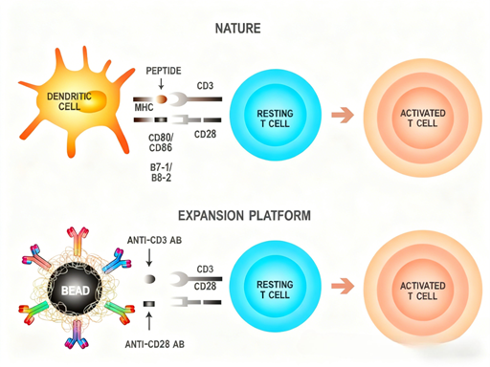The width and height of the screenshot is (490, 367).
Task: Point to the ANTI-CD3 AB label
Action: coord(154,240)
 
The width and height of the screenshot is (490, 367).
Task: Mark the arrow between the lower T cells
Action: coord(342,287)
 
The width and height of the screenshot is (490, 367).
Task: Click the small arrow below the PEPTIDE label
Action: coord(162,84)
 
